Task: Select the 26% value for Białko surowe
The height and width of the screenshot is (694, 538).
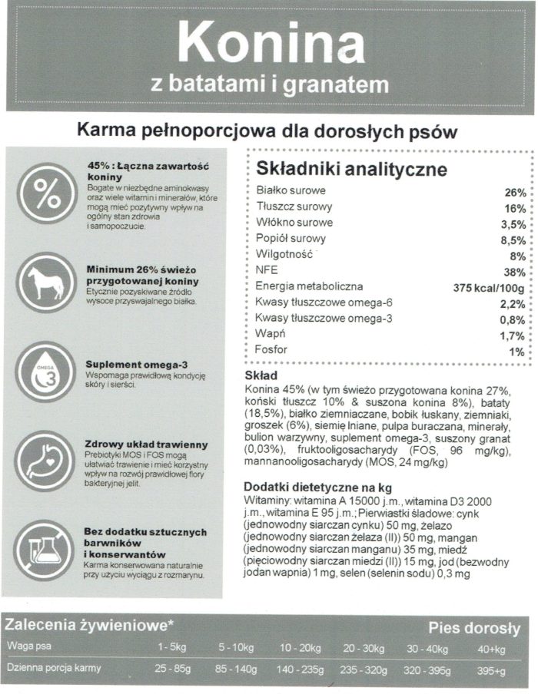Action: click(x=515, y=192)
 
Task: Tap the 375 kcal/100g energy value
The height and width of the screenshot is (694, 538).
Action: click(x=489, y=288)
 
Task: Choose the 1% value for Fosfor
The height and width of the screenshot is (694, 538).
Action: click(x=516, y=352)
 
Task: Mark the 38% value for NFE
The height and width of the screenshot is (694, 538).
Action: click(x=515, y=272)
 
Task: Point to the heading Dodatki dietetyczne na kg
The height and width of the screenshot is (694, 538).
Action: click(x=317, y=487)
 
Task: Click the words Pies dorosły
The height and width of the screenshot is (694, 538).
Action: click(x=473, y=629)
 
